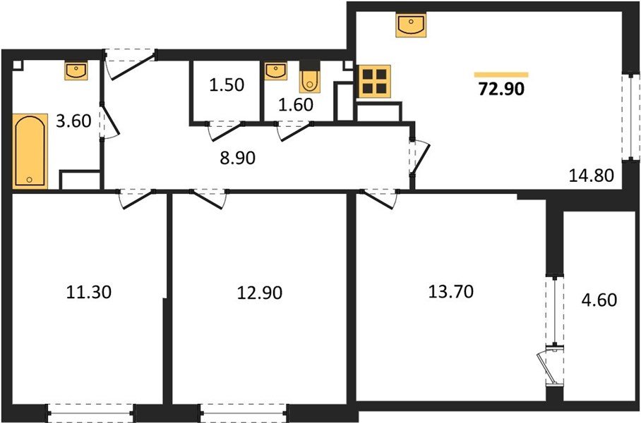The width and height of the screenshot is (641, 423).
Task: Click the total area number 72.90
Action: pos(501,90)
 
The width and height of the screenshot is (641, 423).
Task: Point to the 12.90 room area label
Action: pos(259,291)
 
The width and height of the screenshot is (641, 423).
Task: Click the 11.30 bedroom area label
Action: pos(90,291)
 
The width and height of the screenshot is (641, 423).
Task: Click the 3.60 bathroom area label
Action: pos(73,121)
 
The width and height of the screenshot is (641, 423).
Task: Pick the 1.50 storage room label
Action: pos(226,86)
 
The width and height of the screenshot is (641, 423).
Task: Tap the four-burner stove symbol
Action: pos(375,81)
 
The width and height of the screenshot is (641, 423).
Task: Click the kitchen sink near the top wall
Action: pos(410,26)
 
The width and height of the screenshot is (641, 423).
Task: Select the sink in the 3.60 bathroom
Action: pos(76,70)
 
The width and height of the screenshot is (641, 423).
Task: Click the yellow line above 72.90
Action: pos(501,74)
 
